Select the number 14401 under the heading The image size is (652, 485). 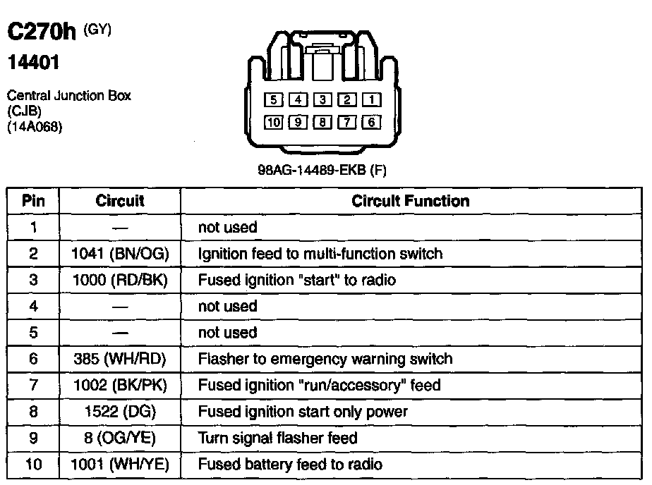tap(33, 63)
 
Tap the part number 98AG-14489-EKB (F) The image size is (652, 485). tap(322, 170)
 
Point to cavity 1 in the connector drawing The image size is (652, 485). tap(371, 100)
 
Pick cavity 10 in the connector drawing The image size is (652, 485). tap(274, 123)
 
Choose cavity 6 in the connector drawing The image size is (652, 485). tap(371, 123)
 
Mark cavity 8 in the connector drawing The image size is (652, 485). tap(322, 123)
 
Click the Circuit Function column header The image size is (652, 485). tap(410, 201)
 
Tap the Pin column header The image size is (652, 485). tap(33, 201)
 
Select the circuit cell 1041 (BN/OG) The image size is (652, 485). tap(120, 254)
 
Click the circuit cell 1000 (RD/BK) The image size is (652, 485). tap(120, 280)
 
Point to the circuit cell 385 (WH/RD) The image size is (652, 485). tap(120, 359)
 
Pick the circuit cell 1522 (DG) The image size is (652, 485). tap(120, 412)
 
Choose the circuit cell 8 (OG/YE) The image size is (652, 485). tap(120, 438)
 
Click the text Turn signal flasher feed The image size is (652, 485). tap(278, 438)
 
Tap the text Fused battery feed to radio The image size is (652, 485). tap(290, 465)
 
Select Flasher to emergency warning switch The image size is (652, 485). tap(325, 359)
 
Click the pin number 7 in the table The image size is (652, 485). tap(33, 386)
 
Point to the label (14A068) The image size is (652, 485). tap(34, 128)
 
